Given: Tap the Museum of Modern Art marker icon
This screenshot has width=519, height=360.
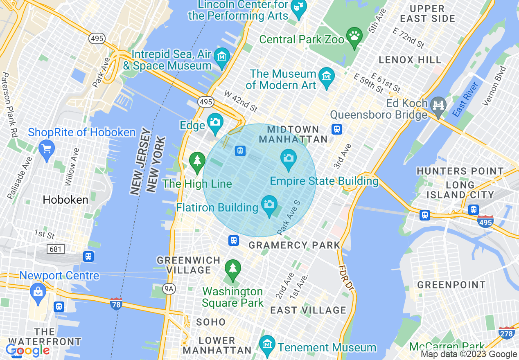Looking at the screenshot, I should (x=327, y=76).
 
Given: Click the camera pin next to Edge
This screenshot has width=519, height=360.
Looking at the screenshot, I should (x=215, y=122).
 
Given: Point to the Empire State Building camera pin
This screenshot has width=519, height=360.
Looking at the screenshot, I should (x=289, y=158).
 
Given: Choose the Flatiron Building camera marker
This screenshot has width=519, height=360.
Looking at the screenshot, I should (x=269, y=204).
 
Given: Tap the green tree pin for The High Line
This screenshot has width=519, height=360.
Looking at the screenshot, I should (x=197, y=160).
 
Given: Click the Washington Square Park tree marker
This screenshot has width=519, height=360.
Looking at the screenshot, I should (x=233, y=268).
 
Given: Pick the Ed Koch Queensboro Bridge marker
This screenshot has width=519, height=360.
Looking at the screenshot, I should (x=438, y=105).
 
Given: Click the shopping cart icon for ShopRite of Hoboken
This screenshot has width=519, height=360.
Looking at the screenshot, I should (x=46, y=148).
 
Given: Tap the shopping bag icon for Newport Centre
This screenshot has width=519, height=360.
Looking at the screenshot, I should (x=38, y=292).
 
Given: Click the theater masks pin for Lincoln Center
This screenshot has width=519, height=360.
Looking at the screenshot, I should (x=298, y=7).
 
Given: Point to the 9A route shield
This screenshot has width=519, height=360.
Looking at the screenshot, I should (x=169, y=289).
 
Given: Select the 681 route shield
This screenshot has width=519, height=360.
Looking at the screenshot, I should (x=56, y=249).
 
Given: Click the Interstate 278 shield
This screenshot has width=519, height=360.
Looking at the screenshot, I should (x=506, y=333).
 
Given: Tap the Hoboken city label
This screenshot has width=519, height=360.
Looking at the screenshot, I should (x=65, y=200).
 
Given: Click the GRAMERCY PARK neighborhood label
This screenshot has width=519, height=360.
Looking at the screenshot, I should (x=294, y=245).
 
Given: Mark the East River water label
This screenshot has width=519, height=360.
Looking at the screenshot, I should (x=465, y=99).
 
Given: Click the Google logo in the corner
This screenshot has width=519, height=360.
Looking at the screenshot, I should (x=27, y=351).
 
